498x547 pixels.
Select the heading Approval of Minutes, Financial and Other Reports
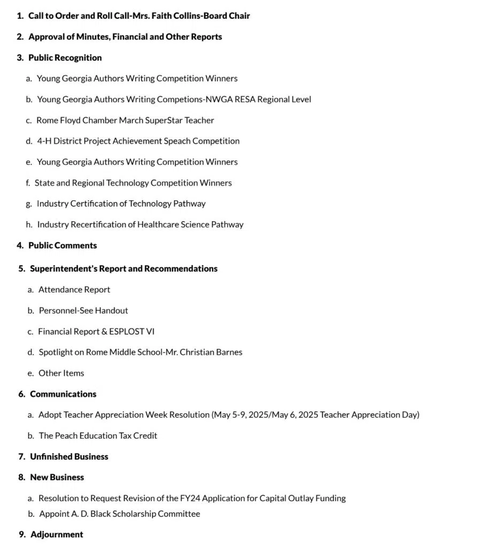(125, 37)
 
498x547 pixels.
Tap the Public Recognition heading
(65, 58)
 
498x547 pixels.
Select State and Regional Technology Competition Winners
(133, 183)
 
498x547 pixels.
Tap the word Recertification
(98, 224)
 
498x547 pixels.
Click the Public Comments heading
(63, 246)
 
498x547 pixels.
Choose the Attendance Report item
(74, 290)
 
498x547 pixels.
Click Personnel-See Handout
(83, 310)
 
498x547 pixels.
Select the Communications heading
(63, 394)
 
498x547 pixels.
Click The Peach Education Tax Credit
(98, 436)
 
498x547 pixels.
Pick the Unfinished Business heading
(69, 457)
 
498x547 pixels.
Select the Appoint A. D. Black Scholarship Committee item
(120, 514)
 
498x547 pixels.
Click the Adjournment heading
(57, 535)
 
